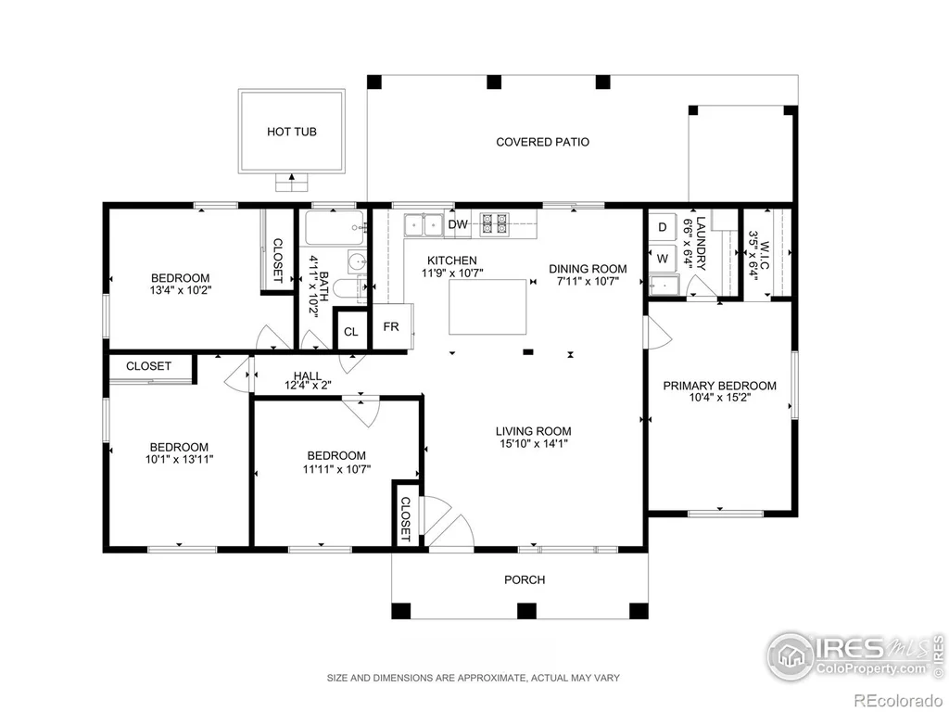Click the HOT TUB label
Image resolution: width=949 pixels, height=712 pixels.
point(292,132)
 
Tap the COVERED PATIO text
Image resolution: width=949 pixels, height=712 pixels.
point(542,142)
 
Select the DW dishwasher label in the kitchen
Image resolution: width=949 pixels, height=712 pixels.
point(458,224)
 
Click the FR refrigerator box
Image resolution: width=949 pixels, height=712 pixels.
point(392,326)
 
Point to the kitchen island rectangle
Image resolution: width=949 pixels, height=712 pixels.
point(487,306)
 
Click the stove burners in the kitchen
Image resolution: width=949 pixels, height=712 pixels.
point(495,224)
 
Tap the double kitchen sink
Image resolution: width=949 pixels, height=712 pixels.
point(424,225)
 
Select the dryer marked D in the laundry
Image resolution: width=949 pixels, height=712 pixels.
point(663,227)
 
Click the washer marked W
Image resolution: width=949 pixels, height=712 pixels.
point(663,259)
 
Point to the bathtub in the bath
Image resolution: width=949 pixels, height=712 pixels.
point(335,228)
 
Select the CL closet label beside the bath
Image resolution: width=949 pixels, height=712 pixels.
point(351,332)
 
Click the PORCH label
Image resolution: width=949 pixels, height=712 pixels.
point(525,579)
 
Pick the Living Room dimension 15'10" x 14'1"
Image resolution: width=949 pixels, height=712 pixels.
point(533,443)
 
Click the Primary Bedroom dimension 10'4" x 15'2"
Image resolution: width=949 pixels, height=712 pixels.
point(719,397)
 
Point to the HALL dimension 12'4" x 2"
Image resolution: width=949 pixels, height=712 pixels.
point(308,385)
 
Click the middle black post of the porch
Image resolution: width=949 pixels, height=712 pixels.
point(526,611)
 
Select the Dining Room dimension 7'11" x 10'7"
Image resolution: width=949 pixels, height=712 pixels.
point(587,281)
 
